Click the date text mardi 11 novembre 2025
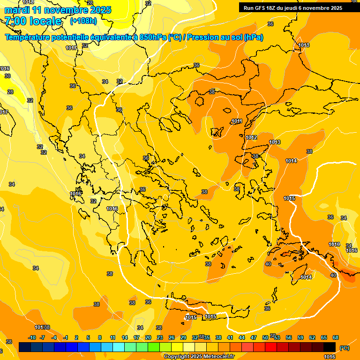pyautogui.click(x=58, y=10)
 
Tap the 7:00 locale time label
pyautogui.click(x=33, y=21)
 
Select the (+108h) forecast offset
pyautogui.click(x=83, y=21)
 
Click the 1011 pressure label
pyautogui.click(x=237, y=121)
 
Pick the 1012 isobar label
pyautogui.click(x=251, y=137)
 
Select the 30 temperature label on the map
pyautogui.click(x=7, y=76)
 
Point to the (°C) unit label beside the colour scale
pyautogui.click(x=344, y=347)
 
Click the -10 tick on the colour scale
pyautogui.click(x=32, y=338)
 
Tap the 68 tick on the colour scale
pyautogui.click(x=336, y=338)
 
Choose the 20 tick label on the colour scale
pyautogui.click(x=148, y=338)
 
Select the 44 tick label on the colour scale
pyautogui.click(x=242, y=338)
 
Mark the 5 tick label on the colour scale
pyautogui.click(x=88, y=338)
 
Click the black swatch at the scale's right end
pyautogui.click(x=330, y=347)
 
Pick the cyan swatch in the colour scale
pyautogui.click(x=119, y=347)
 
